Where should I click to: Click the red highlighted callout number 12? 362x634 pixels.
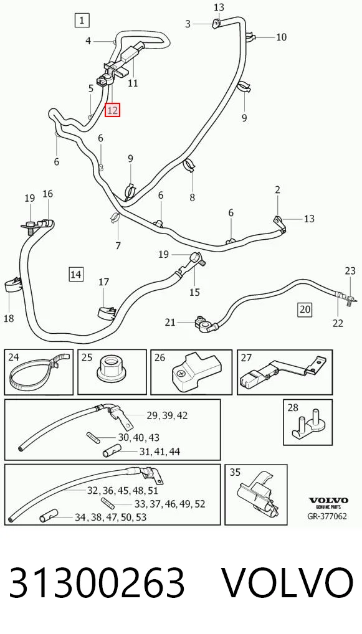(112, 110)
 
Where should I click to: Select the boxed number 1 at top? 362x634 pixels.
(82, 20)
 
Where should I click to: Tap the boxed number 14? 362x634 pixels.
(75, 275)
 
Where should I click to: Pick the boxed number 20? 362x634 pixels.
(305, 310)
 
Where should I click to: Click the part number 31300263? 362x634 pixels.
(97, 582)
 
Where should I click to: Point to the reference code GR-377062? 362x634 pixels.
(327, 516)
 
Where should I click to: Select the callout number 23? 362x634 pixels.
(350, 270)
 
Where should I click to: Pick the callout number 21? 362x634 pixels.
(170, 322)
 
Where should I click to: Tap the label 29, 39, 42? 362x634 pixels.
(167, 415)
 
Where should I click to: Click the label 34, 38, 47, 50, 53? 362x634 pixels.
(110, 517)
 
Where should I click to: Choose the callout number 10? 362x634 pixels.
(281, 37)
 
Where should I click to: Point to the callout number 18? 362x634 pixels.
(9, 318)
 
